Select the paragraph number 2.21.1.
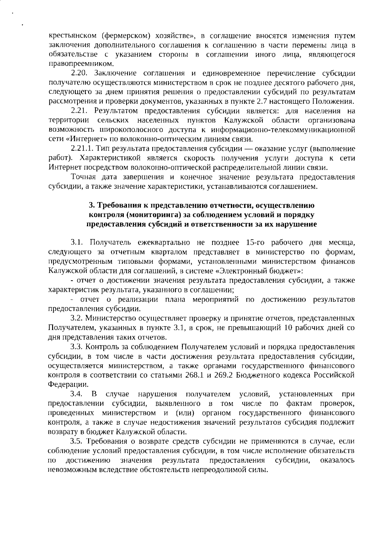point(82,149)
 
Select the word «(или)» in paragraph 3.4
point(183,413)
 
